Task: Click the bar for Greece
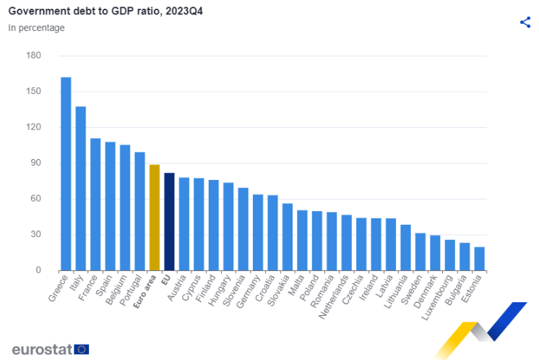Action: click(66, 173)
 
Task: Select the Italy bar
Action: click(80, 189)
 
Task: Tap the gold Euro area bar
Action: click(155, 218)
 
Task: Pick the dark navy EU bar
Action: click(169, 221)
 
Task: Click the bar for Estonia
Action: click(479, 259)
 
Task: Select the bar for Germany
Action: click(258, 232)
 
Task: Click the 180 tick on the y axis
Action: click(33, 56)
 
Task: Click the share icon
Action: click(525, 22)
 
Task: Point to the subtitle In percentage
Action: click(36, 27)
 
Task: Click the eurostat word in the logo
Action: click(41, 349)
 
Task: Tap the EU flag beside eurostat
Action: click(82, 349)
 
